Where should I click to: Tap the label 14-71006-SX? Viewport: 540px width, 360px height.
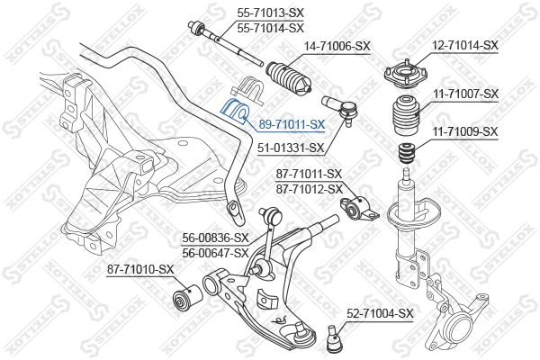337,45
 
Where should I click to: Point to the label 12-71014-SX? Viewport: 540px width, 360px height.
464,45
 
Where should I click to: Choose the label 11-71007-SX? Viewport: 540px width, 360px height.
464,94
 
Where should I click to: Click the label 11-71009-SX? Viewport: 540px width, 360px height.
464,131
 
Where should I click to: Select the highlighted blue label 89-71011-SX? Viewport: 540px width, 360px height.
292,124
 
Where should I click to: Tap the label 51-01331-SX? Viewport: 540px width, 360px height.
290,149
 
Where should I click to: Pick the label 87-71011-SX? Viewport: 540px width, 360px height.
309,174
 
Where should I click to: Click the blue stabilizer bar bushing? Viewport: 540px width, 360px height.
237,112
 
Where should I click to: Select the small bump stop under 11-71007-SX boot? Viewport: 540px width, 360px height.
407,153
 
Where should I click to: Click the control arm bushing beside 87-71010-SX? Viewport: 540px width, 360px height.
187,296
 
